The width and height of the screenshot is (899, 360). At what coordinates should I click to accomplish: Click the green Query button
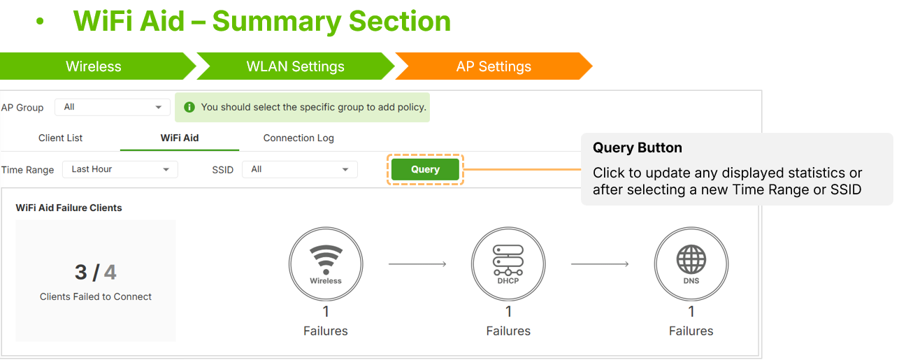[425, 169]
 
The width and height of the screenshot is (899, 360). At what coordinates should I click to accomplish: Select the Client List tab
[60, 138]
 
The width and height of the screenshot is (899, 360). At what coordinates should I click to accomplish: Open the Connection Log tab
[299, 138]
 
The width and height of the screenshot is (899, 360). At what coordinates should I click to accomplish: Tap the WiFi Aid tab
[180, 138]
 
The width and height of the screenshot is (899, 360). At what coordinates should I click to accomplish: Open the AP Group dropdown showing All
[113, 107]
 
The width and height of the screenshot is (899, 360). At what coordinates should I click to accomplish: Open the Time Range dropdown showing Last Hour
[120, 169]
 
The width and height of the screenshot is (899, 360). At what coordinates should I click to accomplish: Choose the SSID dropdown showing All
[300, 169]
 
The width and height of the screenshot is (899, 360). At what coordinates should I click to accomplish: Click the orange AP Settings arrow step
[494, 66]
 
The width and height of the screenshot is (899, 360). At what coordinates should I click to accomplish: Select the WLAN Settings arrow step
[296, 66]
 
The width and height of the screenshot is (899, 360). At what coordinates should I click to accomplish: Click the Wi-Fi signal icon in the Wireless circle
[326, 259]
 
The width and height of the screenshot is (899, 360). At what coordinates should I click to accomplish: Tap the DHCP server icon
[508, 260]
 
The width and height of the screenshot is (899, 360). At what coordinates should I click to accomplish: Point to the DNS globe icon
[691, 259]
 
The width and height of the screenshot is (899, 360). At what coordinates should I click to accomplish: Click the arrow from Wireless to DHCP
[417, 264]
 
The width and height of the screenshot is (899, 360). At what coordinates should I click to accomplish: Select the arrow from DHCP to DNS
[600, 264]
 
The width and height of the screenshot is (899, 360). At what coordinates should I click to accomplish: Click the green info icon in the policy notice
[189, 107]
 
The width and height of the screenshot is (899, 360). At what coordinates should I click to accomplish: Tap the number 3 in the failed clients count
[80, 273]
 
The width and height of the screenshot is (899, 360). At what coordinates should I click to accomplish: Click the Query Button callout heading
[638, 147]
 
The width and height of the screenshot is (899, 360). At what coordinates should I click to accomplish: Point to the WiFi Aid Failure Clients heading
[69, 208]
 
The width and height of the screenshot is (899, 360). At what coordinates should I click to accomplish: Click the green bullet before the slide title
[40, 21]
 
